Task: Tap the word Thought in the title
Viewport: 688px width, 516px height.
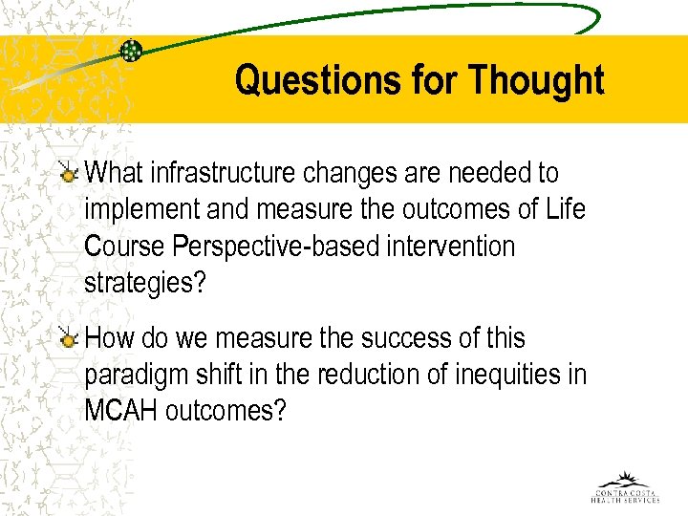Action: point(536,80)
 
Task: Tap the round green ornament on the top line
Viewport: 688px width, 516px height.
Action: point(131,51)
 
